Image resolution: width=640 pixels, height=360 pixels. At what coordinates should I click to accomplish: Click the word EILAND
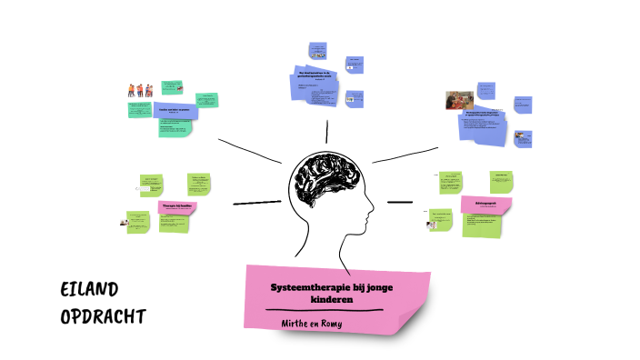(x=89, y=290)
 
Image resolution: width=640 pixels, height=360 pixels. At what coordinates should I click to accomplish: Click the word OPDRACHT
(x=103, y=317)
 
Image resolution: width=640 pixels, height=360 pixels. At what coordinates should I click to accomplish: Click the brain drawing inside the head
(x=324, y=182)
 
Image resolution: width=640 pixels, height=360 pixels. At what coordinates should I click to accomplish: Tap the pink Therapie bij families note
(x=177, y=207)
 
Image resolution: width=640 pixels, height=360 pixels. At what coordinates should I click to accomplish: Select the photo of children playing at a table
(x=458, y=99)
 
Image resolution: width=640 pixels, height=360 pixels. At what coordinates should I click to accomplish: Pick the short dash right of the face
(x=399, y=202)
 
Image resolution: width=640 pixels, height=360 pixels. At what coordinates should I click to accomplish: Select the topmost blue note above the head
(x=317, y=49)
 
